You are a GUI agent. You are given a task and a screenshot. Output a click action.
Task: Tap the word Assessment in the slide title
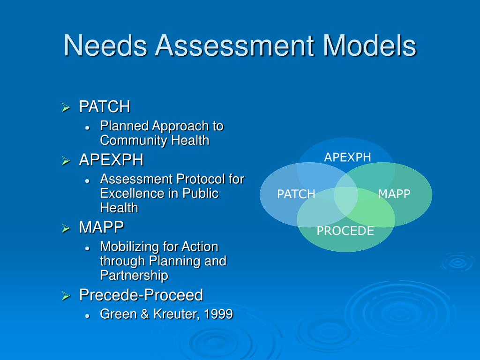pos(234,46)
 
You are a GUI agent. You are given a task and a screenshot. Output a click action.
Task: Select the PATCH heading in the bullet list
pos(105,107)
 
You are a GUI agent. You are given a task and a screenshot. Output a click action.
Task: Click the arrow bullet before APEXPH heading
pos(66,161)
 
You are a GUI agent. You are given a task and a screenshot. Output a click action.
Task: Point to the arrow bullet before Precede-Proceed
pos(66,296)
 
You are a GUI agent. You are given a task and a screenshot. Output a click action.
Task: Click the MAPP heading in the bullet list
pos(101,227)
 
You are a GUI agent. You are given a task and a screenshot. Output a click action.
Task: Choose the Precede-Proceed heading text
pos(141,295)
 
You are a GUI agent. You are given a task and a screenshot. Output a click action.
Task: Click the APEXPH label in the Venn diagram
pos(347,157)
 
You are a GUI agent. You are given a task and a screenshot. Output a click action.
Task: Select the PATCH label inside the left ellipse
pos(296,195)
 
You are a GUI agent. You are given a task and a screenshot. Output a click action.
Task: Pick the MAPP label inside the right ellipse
pos(394,194)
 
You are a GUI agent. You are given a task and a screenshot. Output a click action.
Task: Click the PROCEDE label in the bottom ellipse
pos(345,231)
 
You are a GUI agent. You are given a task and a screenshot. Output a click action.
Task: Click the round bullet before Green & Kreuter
pos(87,316)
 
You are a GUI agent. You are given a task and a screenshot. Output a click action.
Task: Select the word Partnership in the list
pos(134,275)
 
